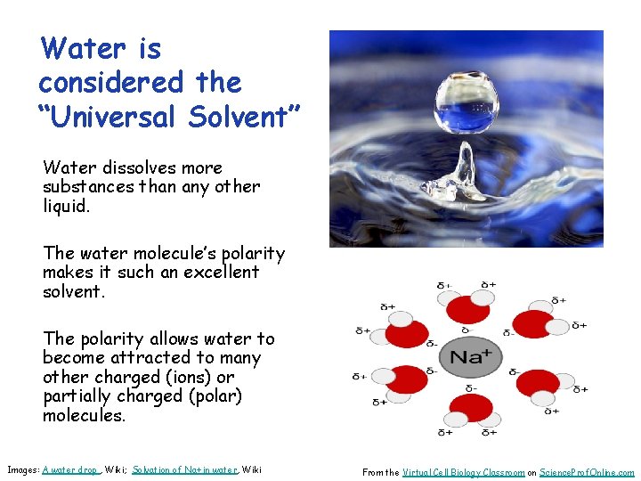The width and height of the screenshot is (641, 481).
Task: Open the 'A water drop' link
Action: (70, 469)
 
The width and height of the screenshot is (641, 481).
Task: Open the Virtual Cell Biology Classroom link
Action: (463, 473)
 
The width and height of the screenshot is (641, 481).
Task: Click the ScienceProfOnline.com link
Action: (588, 473)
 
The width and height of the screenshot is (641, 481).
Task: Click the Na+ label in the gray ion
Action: (471, 357)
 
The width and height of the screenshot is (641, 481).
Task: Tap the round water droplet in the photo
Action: (467, 92)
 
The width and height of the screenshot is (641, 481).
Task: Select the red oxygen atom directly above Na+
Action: (468, 309)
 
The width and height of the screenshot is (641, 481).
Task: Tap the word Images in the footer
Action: (22, 469)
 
